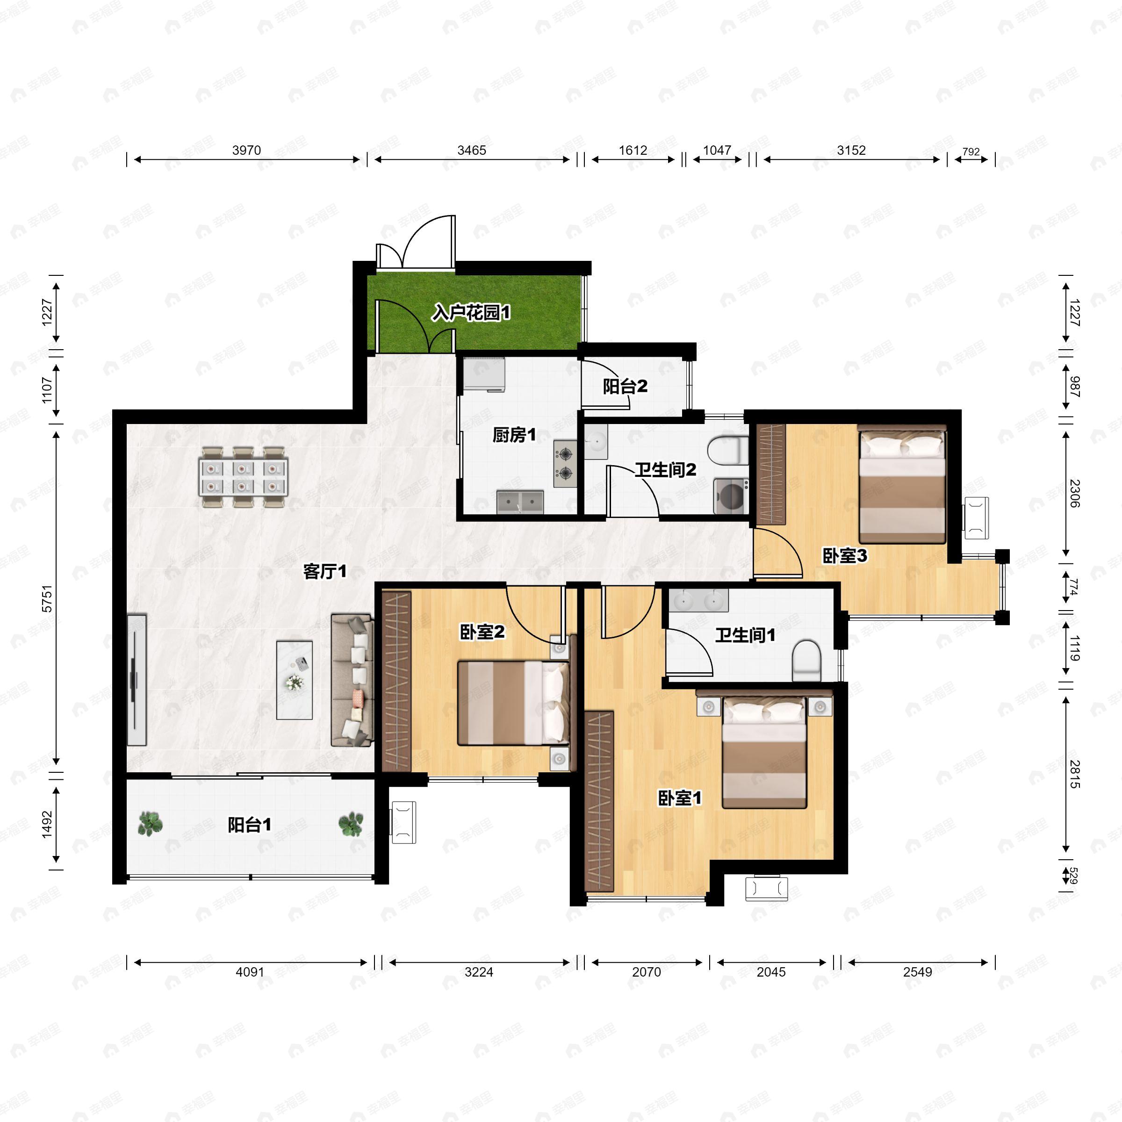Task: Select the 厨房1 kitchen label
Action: pyautogui.click(x=514, y=434)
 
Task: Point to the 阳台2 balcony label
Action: pyautogui.click(x=625, y=386)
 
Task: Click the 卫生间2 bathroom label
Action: pyautogui.click(x=665, y=469)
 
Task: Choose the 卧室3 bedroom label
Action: pyautogui.click(x=845, y=556)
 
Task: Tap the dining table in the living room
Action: pyautogui.click(x=243, y=477)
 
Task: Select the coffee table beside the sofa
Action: pyautogui.click(x=295, y=680)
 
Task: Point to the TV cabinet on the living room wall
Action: pyautogui.click(x=137, y=679)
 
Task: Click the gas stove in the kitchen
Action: pyautogui.click(x=565, y=463)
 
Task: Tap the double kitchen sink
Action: pyautogui.click(x=520, y=502)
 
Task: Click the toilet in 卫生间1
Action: pyautogui.click(x=806, y=660)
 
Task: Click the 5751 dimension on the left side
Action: pyautogui.click(x=47, y=598)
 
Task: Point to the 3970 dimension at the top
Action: pyautogui.click(x=246, y=151)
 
